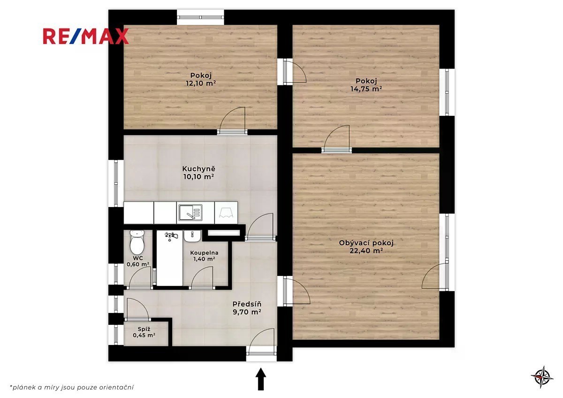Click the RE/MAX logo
pyautogui.click(x=86, y=37)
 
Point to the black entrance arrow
pyautogui.click(x=261, y=379)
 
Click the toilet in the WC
pyautogui.click(x=137, y=242)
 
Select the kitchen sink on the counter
pyautogui.click(x=190, y=213)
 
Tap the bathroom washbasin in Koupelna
pyautogui.click(x=192, y=237)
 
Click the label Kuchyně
pyautogui.click(x=199, y=168)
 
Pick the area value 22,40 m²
pyautogui.click(x=366, y=251)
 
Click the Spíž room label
pyautogui.click(x=144, y=329)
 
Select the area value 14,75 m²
pyautogui.click(x=366, y=89)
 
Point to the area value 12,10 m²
pyautogui.click(x=201, y=83)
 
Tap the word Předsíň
pyautogui.click(x=247, y=304)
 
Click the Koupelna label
pyautogui.click(x=204, y=253)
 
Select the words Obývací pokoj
pyautogui.click(x=366, y=243)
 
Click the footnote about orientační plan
pyautogui.click(x=72, y=387)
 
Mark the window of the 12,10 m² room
pyautogui.click(x=200, y=17)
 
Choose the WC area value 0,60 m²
pyautogui.click(x=138, y=264)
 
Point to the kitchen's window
pyautogui.click(x=116, y=184)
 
